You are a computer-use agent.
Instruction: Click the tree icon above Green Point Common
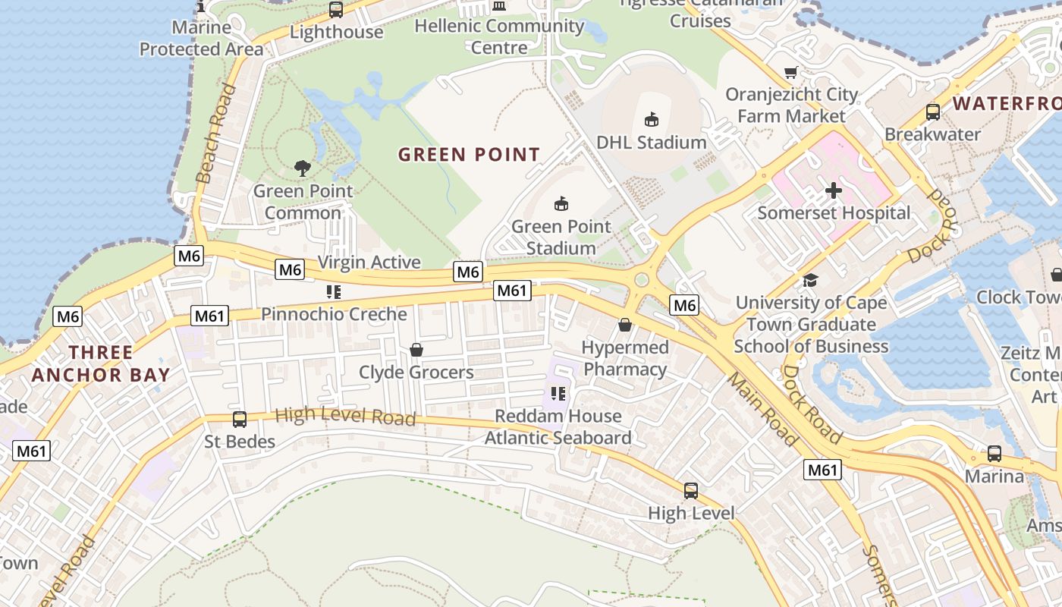[x=303, y=168]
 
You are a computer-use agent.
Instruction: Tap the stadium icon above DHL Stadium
[x=651, y=118]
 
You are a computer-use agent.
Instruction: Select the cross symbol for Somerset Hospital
[x=834, y=190]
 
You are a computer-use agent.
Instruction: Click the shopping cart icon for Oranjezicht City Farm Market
[x=791, y=73]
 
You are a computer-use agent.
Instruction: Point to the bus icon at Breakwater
[x=932, y=112]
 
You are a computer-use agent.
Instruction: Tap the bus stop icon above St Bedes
[x=239, y=418]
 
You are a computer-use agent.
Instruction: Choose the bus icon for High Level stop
[x=690, y=490]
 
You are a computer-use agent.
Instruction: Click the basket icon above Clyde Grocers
[x=416, y=350]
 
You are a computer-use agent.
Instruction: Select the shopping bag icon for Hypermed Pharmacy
[x=625, y=325]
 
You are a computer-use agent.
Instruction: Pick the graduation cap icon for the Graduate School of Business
[x=810, y=280]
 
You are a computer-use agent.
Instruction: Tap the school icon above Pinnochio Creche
[x=334, y=291]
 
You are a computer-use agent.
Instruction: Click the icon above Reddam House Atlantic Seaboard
[x=558, y=393]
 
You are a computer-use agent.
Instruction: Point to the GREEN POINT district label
[x=469, y=155]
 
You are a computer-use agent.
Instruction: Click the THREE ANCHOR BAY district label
[x=101, y=363]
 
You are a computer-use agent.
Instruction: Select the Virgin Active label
[x=369, y=263]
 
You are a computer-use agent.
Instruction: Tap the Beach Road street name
[x=215, y=134]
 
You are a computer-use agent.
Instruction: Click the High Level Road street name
[x=345, y=416]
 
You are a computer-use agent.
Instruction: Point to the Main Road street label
[x=763, y=409]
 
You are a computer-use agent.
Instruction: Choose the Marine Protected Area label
[x=201, y=39]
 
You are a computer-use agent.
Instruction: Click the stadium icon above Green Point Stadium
[x=561, y=203]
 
